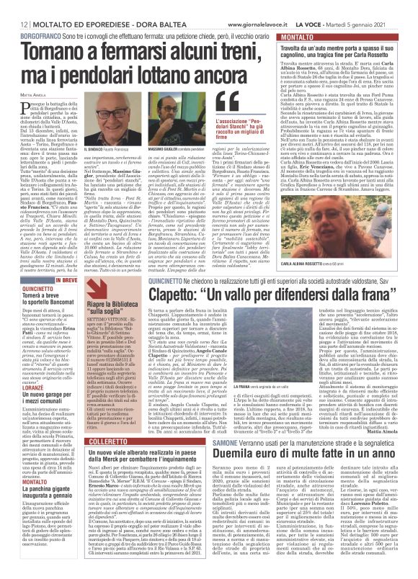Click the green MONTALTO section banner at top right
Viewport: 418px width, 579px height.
coord(284,35)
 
